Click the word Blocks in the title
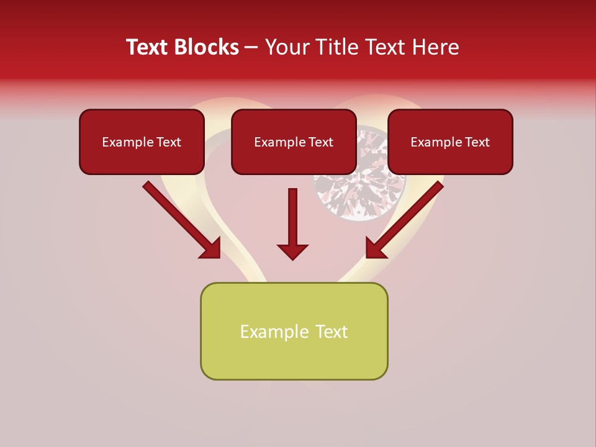(x=206, y=47)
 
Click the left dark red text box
(x=142, y=142)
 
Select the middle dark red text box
(x=294, y=142)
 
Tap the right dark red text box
(x=450, y=142)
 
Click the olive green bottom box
(x=294, y=331)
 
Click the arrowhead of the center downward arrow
(x=292, y=251)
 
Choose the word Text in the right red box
(x=477, y=142)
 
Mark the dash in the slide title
(x=251, y=48)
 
